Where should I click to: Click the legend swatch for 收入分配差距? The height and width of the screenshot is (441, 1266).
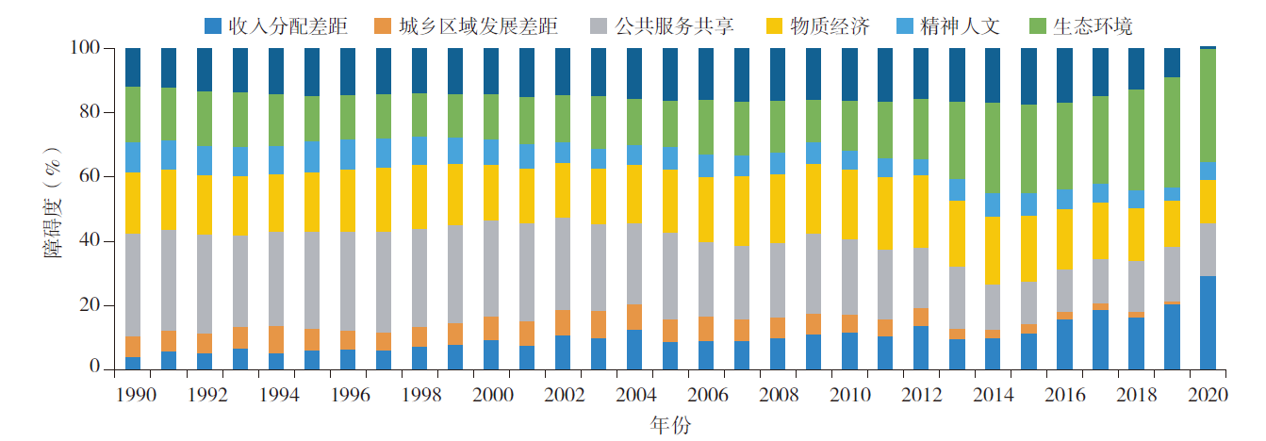(212, 26)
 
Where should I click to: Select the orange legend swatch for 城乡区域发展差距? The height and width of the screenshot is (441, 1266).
(383, 26)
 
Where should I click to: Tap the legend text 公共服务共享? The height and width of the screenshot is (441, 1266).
(674, 26)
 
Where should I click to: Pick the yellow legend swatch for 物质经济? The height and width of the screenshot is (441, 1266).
(774, 26)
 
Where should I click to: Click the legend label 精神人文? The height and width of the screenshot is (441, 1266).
(961, 26)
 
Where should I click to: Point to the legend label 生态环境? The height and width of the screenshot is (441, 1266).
(1093, 26)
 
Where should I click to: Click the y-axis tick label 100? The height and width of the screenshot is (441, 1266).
(85, 47)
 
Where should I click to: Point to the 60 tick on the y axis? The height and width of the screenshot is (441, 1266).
(90, 176)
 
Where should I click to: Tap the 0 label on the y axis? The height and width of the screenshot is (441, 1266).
(95, 367)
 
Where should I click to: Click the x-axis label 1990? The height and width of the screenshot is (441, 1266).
(136, 395)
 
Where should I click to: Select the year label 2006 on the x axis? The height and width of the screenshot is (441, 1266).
(708, 395)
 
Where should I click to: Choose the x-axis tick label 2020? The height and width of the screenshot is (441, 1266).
(1208, 395)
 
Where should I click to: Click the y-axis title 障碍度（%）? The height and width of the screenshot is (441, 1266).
(53, 203)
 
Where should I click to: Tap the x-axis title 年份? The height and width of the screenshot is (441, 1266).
(670, 425)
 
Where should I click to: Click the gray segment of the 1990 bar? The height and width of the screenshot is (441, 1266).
(133, 286)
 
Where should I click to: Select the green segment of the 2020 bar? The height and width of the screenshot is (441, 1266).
(1208, 106)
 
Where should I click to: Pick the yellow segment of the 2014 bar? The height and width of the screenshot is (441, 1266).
(993, 251)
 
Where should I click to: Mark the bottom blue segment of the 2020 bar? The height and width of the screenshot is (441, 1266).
(1208, 323)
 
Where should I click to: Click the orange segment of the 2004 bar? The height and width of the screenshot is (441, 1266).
(634, 318)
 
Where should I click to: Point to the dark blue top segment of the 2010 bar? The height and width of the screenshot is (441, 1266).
(849, 74)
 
